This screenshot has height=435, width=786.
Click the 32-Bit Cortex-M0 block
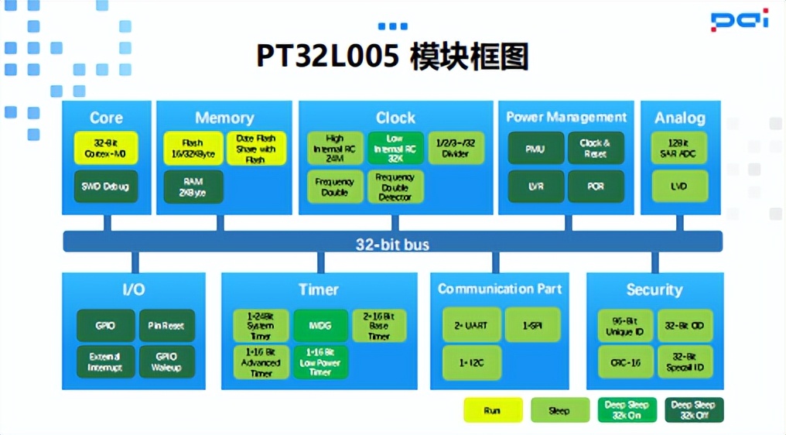106,148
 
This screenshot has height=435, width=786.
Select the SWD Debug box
106,187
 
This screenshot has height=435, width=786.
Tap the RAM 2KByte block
193,187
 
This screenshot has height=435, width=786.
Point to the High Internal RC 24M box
334,148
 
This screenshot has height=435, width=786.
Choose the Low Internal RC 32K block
395,148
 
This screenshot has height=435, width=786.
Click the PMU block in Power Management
535,148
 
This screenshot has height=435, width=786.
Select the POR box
596,187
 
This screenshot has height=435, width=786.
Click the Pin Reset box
166,326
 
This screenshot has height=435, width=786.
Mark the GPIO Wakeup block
166,361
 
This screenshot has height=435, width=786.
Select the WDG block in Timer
320,326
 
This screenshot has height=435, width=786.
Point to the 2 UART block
470,325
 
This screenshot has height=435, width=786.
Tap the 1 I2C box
470,362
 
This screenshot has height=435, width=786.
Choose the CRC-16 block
626,361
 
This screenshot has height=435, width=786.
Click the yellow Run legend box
493,410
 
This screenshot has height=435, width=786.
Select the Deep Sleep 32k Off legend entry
693,410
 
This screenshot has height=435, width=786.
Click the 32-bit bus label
392,245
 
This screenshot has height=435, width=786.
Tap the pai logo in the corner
740,20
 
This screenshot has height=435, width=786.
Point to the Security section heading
654,290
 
